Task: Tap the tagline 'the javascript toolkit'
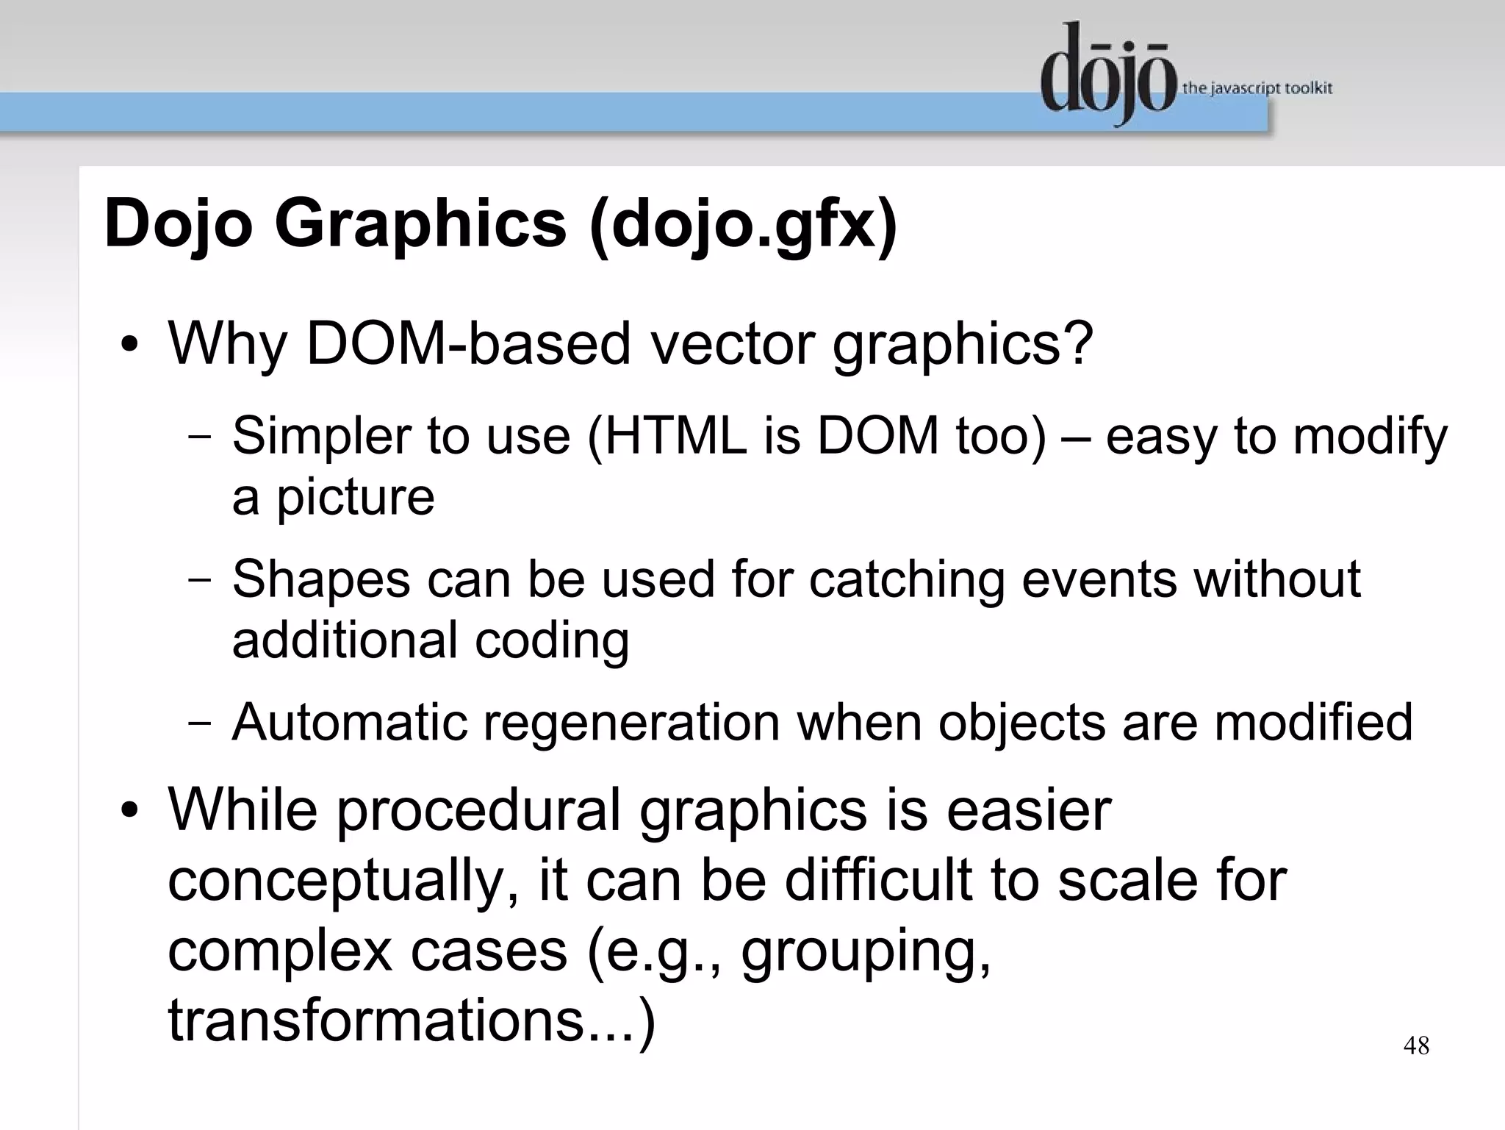(1257, 89)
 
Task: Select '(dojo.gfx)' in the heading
(743, 225)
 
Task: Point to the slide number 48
(1416, 1045)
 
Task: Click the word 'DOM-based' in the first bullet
(468, 343)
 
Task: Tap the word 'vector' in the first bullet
(732, 343)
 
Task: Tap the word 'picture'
(355, 498)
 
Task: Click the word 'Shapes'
(321, 579)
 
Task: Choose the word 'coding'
(551, 640)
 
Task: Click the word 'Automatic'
(349, 722)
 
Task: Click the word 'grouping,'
(866, 951)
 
